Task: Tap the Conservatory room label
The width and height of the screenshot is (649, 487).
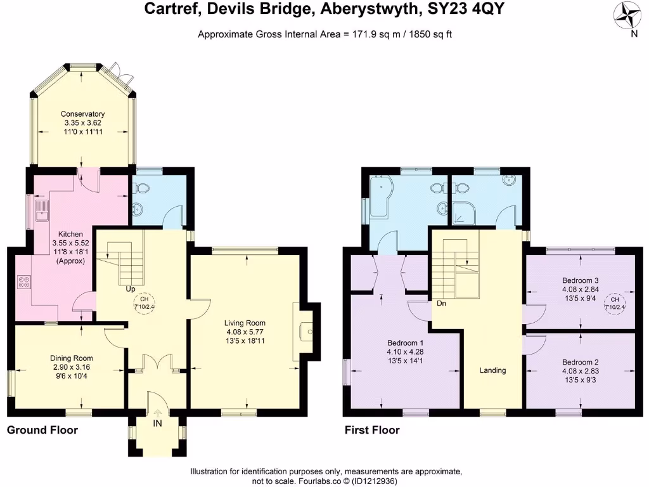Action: coord(83,114)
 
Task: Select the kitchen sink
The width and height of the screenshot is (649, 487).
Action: coord(42,212)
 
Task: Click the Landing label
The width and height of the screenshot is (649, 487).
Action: coord(492,370)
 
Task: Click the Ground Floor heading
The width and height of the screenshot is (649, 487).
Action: coord(42,430)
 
